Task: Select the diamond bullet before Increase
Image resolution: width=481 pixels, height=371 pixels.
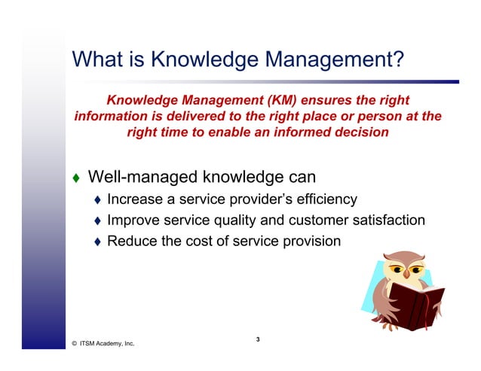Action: click(97, 200)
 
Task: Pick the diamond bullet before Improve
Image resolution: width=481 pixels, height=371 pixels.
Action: click(97, 221)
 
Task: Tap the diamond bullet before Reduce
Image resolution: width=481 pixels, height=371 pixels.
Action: click(97, 242)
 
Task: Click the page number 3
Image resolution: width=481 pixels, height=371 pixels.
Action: click(258, 340)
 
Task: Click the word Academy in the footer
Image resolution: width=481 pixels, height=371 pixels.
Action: click(109, 343)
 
